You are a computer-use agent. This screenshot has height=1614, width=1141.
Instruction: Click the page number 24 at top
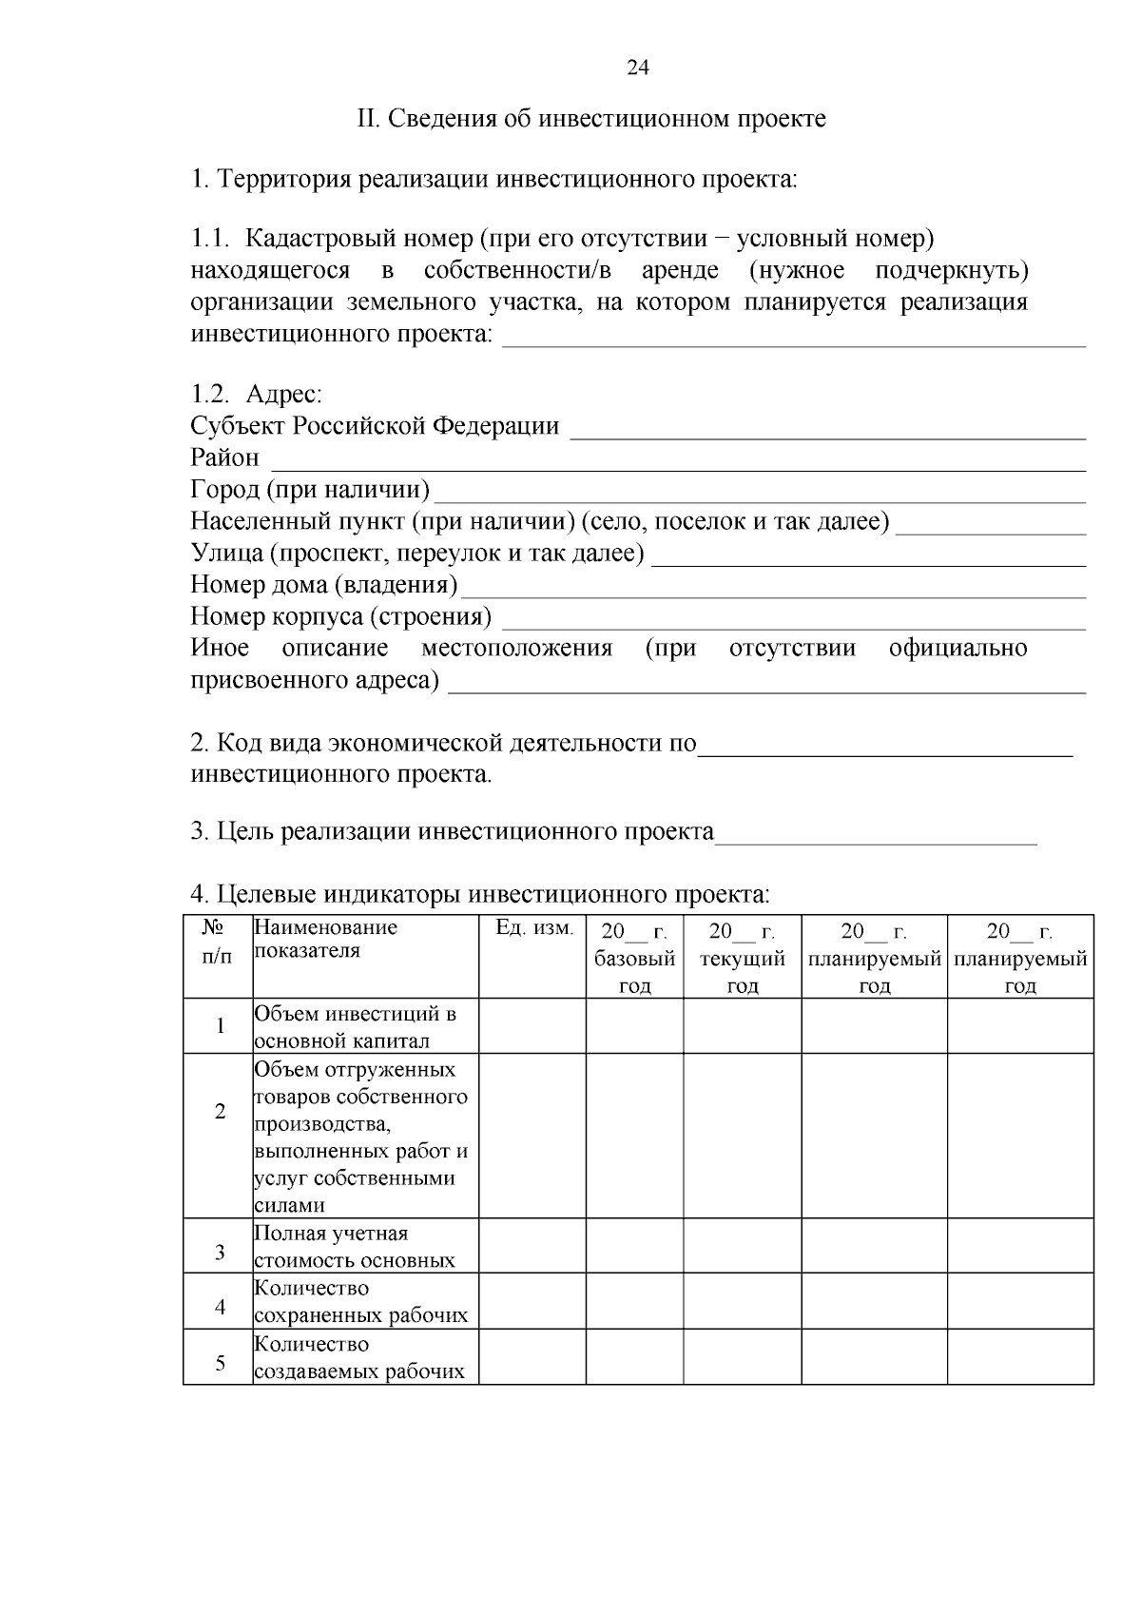pyautogui.click(x=638, y=68)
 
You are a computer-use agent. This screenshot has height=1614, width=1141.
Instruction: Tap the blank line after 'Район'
pyautogui.click(x=678, y=466)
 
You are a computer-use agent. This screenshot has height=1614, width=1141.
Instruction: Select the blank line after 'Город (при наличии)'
pyautogui.click(x=759, y=497)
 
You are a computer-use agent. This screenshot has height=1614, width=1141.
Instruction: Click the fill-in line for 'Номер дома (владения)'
pyautogui.click(x=772, y=593)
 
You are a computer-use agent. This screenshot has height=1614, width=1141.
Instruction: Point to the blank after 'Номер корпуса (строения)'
pyautogui.click(x=793, y=625)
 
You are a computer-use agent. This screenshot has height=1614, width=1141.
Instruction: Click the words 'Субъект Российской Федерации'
pyautogui.click(x=375, y=426)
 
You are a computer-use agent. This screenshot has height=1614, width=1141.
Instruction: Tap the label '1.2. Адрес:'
pyautogui.click(x=257, y=394)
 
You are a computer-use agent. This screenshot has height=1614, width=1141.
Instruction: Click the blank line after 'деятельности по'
pyautogui.click(x=884, y=751)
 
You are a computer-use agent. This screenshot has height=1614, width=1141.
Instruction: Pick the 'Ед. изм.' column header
pyautogui.click(x=534, y=928)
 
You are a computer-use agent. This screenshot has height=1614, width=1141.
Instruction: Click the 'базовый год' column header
pyautogui.click(x=634, y=958)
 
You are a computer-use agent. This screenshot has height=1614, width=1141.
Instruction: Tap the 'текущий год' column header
pyautogui.click(x=742, y=958)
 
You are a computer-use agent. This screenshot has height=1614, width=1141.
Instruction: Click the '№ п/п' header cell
pyautogui.click(x=218, y=942)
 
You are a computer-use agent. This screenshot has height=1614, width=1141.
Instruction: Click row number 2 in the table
pyautogui.click(x=220, y=1111)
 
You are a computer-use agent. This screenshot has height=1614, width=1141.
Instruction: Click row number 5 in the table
pyautogui.click(x=220, y=1363)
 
